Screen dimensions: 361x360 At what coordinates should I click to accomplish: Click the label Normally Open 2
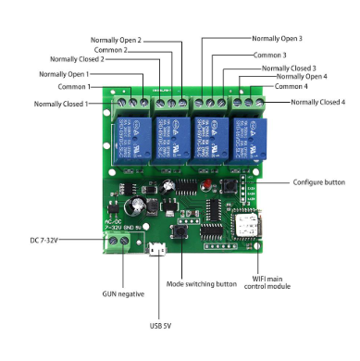point(116,40)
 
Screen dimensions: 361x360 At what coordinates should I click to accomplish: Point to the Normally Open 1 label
point(64,73)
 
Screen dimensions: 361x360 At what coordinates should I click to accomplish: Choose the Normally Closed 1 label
point(61,104)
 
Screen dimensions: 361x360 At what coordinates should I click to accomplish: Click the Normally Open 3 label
point(278,39)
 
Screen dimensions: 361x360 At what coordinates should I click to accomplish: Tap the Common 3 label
point(270,56)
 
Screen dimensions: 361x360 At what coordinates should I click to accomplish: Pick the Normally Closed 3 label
point(289,68)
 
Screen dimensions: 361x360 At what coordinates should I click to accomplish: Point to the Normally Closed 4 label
point(317,101)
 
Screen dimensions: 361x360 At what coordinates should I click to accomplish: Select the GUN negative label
point(123,293)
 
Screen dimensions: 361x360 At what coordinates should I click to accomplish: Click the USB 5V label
point(161,326)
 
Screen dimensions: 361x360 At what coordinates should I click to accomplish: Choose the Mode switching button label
point(204,284)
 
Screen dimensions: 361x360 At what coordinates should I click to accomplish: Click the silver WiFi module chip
point(248,226)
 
